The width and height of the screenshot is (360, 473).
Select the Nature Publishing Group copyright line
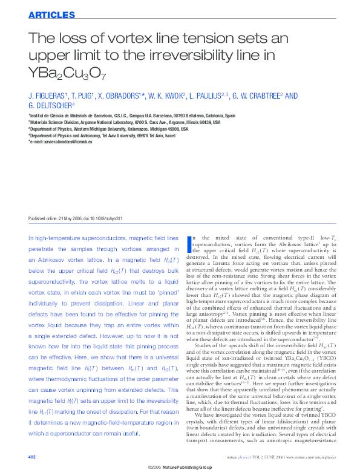[180, 468]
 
